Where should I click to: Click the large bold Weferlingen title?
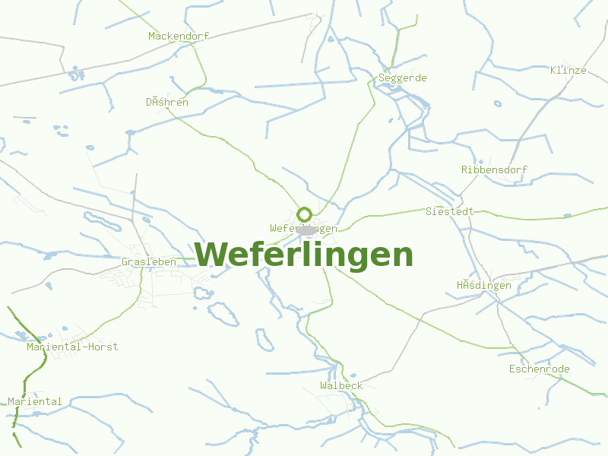pyautogui.click(x=304, y=255)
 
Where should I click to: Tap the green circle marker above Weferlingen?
pyautogui.click(x=304, y=214)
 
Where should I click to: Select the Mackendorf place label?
pyautogui.click(x=178, y=36)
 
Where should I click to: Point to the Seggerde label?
pyautogui.click(x=402, y=78)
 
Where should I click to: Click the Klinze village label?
pyautogui.click(x=568, y=70)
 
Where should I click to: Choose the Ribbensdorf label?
pyautogui.click(x=494, y=169)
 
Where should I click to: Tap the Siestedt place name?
pyautogui.click(x=449, y=211)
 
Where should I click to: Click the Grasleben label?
pyautogui.click(x=149, y=261)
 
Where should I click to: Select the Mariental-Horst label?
pyautogui.click(x=72, y=347)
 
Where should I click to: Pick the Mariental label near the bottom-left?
pyautogui.click(x=35, y=401)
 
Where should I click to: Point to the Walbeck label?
pyautogui.click(x=341, y=385)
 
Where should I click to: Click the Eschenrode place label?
pyautogui.click(x=539, y=369)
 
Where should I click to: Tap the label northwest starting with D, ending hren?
pyautogui.click(x=167, y=102)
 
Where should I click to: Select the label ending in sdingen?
pyautogui.click(x=483, y=285)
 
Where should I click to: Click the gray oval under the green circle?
pyautogui.click(x=306, y=230)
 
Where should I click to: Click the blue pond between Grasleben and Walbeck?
pyautogui.click(x=264, y=339)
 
